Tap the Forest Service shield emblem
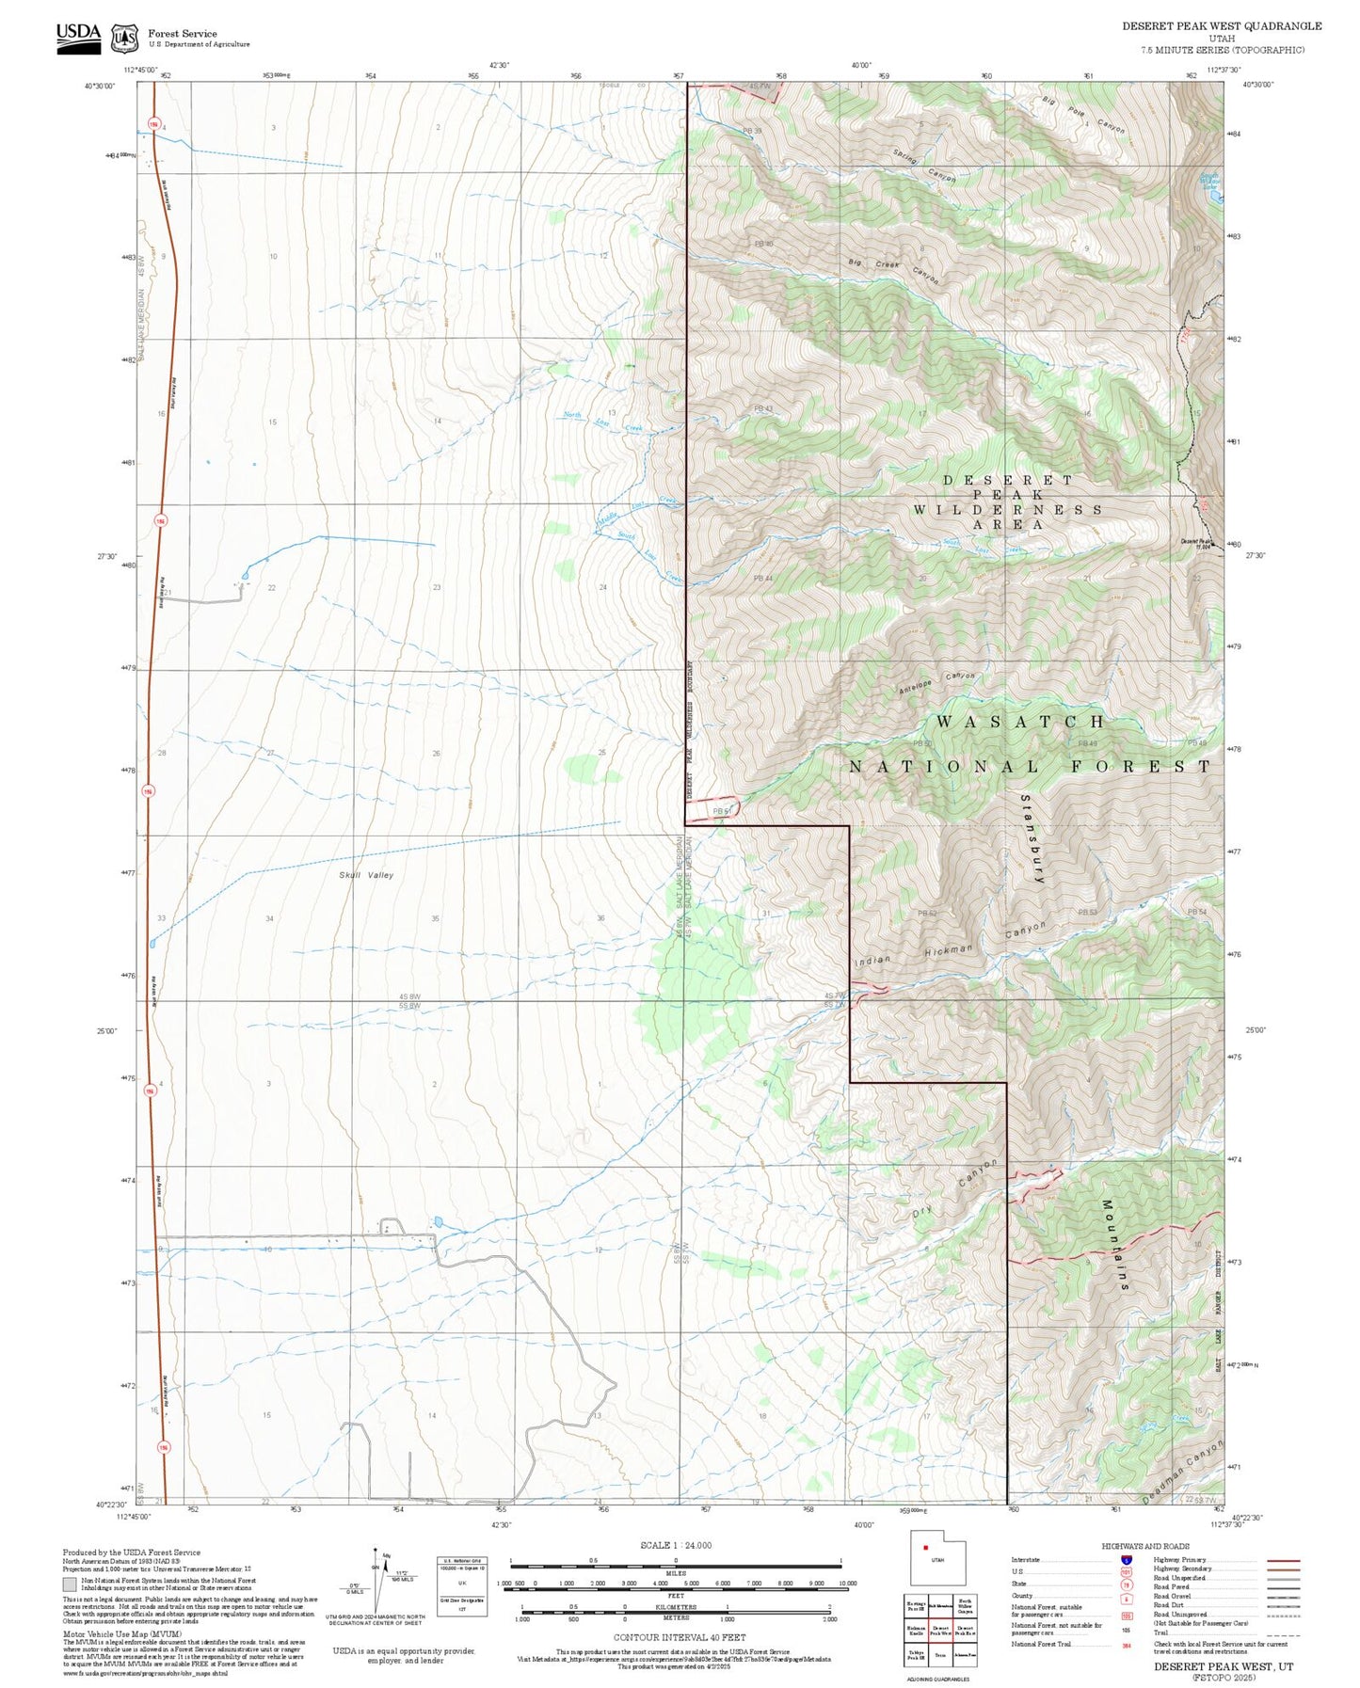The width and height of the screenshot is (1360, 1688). [124, 39]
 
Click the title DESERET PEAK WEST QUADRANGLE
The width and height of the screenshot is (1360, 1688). [1221, 26]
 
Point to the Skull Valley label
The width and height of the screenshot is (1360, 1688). [366, 875]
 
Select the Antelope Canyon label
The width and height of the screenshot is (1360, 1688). [936, 681]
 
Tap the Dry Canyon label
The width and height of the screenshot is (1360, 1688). [954, 1190]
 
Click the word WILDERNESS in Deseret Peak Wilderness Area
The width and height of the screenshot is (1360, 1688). [1008, 510]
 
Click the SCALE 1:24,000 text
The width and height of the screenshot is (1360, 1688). [675, 1545]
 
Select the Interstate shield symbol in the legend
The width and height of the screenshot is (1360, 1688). [1126, 1560]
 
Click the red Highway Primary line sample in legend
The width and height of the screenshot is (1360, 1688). [1283, 1560]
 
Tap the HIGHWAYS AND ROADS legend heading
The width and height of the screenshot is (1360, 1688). [1144, 1546]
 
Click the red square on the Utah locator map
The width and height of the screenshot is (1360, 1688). [926, 1548]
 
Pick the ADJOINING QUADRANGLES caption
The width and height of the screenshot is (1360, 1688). [938, 1679]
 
